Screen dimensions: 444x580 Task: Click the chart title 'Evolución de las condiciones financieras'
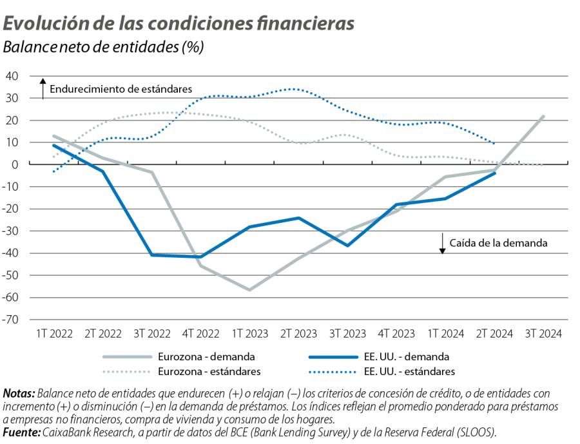pyautogui.click(x=179, y=23)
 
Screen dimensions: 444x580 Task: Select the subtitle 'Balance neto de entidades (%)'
pyautogui.click(x=104, y=48)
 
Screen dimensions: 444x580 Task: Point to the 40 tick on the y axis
pyautogui.click(x=12, y=76)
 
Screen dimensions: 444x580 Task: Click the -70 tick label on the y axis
pyautogui.click(x=11, y=320)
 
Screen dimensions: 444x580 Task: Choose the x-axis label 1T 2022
pyautogui.click(x=54, y=334)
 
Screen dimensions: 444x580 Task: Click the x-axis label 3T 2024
pyautogui.click(x=543, y=334)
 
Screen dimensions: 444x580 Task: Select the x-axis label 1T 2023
pyautogui.click(x=249, y=334)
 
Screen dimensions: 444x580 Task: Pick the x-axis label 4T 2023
pyautogui.click(x=396, y=334)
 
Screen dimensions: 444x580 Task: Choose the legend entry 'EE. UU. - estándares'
pyautogui.click(x=409, y=371)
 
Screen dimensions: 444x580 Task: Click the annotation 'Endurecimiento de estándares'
pyautogui.click(x=121, y=89)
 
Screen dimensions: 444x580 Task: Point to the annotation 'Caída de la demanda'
pyautogui.click(x=499, y=243)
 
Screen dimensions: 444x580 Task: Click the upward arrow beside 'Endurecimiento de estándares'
pyautogui.click(x=43, y=88)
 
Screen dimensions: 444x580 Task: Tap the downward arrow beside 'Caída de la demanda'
pyautogui.click(x=443, y=243)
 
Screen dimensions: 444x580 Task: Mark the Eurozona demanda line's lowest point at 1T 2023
pyautogui.click(x=249, y=290)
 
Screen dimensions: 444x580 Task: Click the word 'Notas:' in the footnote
pyautogui.click(x=19, y=393)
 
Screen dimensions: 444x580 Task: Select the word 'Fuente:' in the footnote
pyautogui.click(x=22, y=432)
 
